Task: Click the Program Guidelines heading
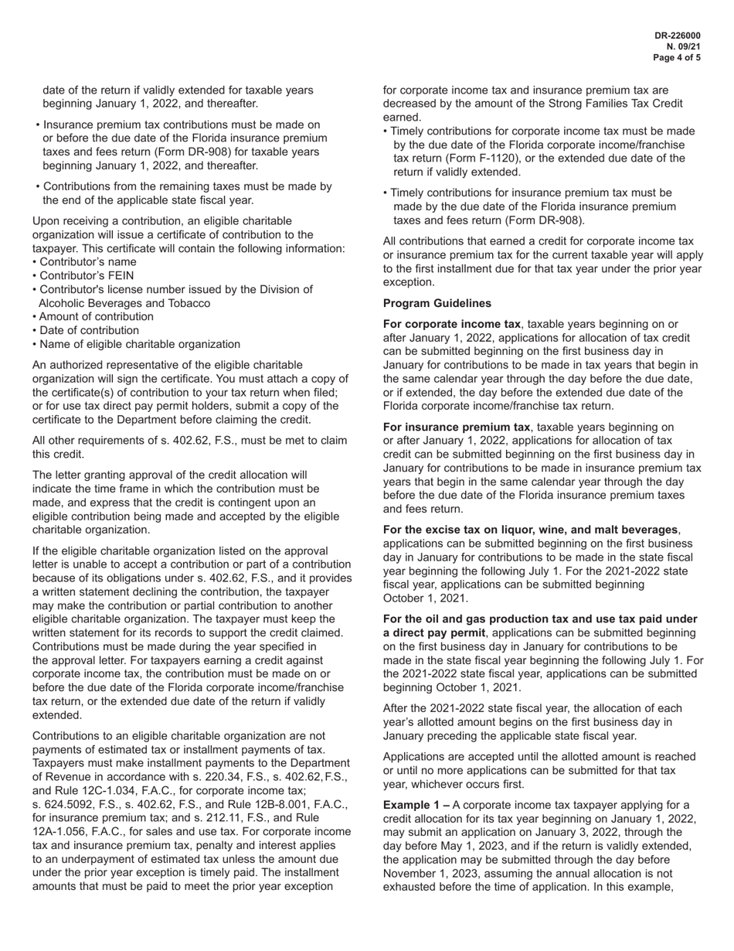(x=437, y=303)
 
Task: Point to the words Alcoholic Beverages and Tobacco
(x=124, y=303)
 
